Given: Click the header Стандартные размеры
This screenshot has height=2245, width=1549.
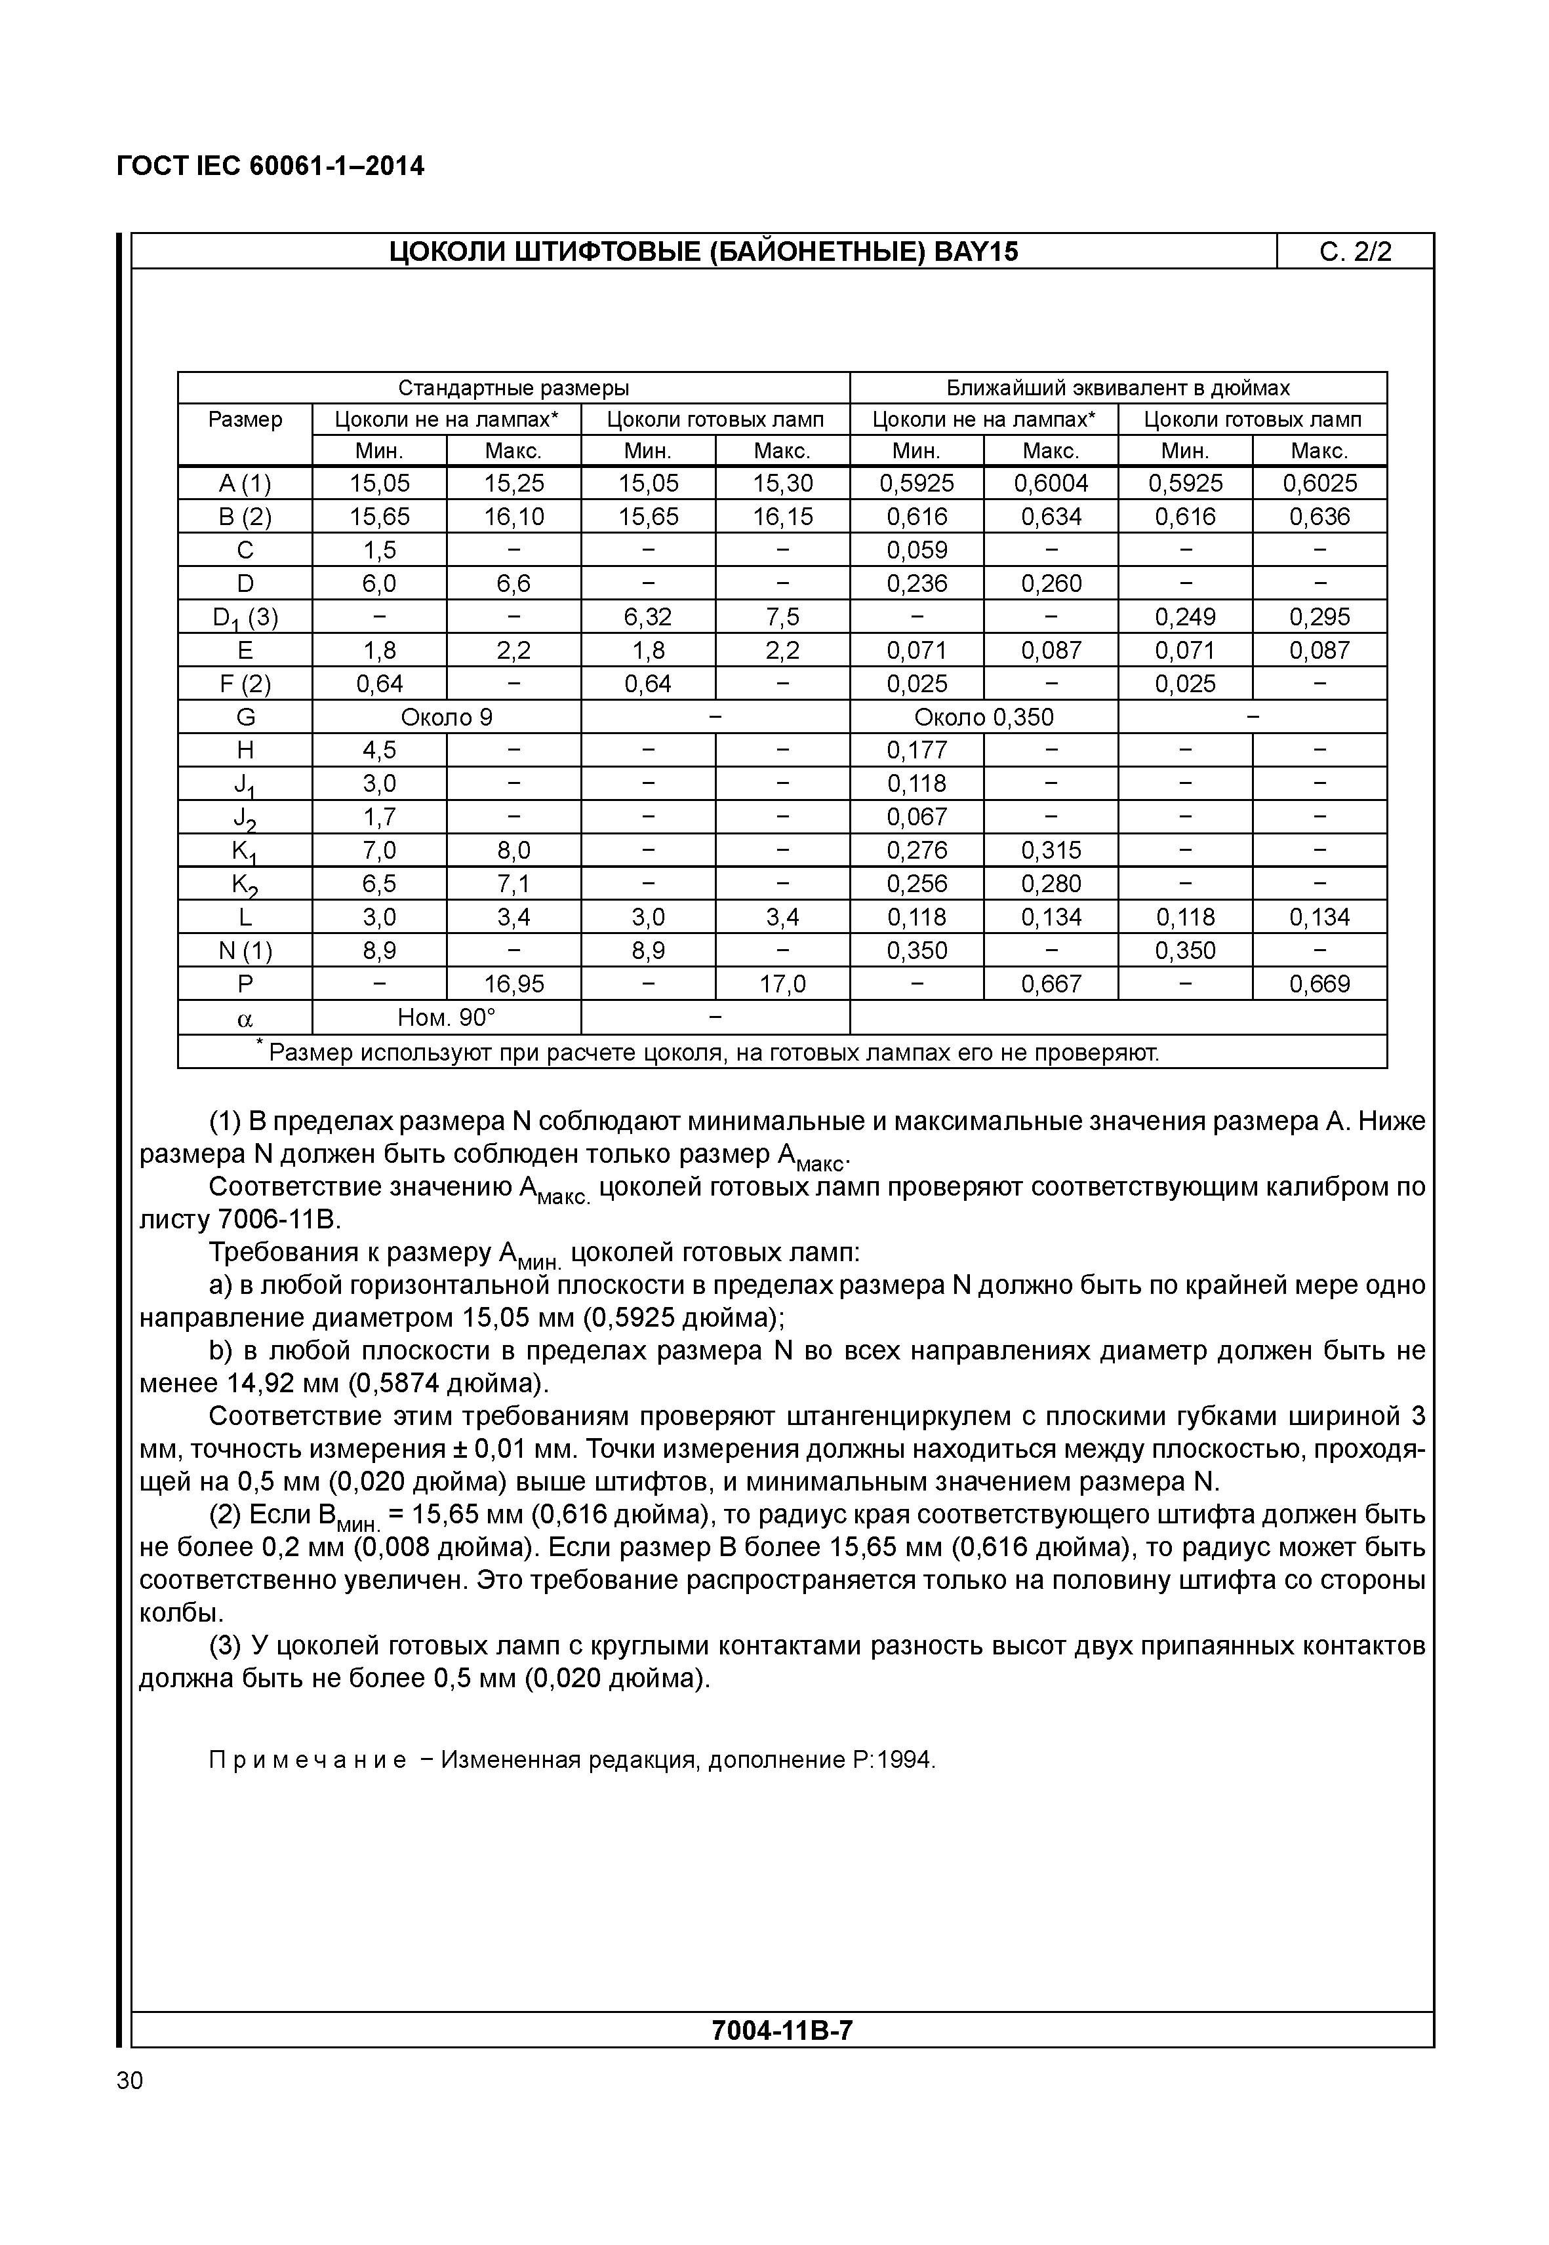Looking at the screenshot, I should [x=513, y=388].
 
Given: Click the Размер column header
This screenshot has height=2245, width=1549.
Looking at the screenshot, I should [x=245, y=420].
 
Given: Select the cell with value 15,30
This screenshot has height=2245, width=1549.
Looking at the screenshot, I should [x=782, y=483].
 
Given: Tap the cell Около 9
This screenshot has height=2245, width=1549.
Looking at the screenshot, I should [x=447, y=718].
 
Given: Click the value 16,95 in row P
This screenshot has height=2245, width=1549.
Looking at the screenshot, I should [x=513, y=985].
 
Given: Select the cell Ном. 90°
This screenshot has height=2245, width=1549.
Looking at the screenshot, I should [x=447, y=1018].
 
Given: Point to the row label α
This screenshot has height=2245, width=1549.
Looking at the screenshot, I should [x=245, y=1019].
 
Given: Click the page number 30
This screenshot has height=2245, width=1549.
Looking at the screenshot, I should [x=129, y=2081].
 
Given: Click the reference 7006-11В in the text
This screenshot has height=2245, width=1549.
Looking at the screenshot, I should [x=279, y=1220].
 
